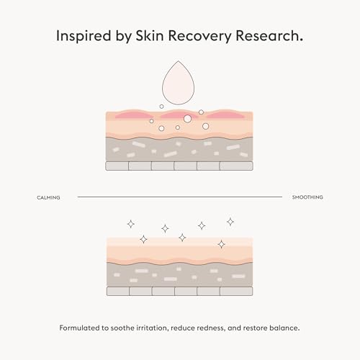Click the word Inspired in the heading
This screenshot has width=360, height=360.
click(x=84, y=36)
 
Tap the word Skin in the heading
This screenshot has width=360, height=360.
click(x=150, y=35)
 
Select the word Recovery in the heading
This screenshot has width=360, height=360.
click(x=199, y=36)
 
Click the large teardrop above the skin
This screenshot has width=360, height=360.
click(x=178, y=84)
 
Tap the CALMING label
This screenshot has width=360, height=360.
click(x=48, y=197)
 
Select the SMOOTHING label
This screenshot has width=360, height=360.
click(x=307, y=197)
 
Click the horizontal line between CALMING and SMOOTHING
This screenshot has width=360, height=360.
click(x=180, y=197)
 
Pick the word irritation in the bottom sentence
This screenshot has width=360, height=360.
click(x=152, y=328)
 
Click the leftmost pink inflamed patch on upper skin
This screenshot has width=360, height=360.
click(x=132, y=114)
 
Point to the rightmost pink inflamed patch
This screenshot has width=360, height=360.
click(x=225, y=114)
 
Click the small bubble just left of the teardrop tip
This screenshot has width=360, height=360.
click(x=161, y=107)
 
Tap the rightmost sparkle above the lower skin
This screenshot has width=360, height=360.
click(x=230, y=222)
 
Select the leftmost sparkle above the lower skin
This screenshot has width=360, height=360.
click(x=131, y=224)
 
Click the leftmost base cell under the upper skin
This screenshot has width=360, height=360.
click(x=117, y=166)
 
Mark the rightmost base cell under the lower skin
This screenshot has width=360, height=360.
click(x=236, y=291)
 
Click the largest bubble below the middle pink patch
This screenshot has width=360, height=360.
click(x=188, y=119)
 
